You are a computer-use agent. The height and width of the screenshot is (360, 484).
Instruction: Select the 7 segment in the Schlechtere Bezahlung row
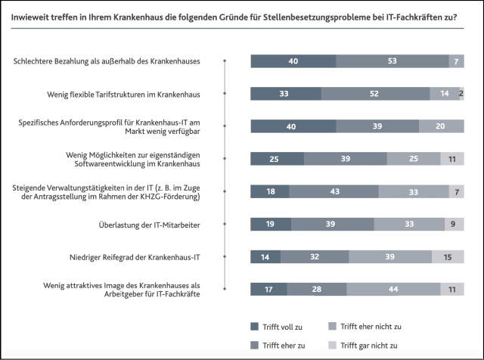[x=456, y=61]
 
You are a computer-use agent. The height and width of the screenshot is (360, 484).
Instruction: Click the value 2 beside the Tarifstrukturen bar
[x=461, y=94]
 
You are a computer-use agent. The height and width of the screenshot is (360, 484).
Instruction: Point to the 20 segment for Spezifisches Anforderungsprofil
[x=441, y=126]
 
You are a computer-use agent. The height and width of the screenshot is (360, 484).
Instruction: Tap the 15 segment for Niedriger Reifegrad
[x=448, y=256]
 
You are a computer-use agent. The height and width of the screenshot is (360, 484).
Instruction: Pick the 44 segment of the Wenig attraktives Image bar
[x=393, y=288]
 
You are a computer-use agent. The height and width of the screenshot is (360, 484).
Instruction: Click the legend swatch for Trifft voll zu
[x=254, y=326]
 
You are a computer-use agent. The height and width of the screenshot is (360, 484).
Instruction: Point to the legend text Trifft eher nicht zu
[x=371, y=326]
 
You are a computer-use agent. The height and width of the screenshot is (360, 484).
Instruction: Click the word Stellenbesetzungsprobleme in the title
[x=309, y=15]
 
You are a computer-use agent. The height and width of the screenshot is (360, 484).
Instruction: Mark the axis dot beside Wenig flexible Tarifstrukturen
[x=225, y=94]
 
